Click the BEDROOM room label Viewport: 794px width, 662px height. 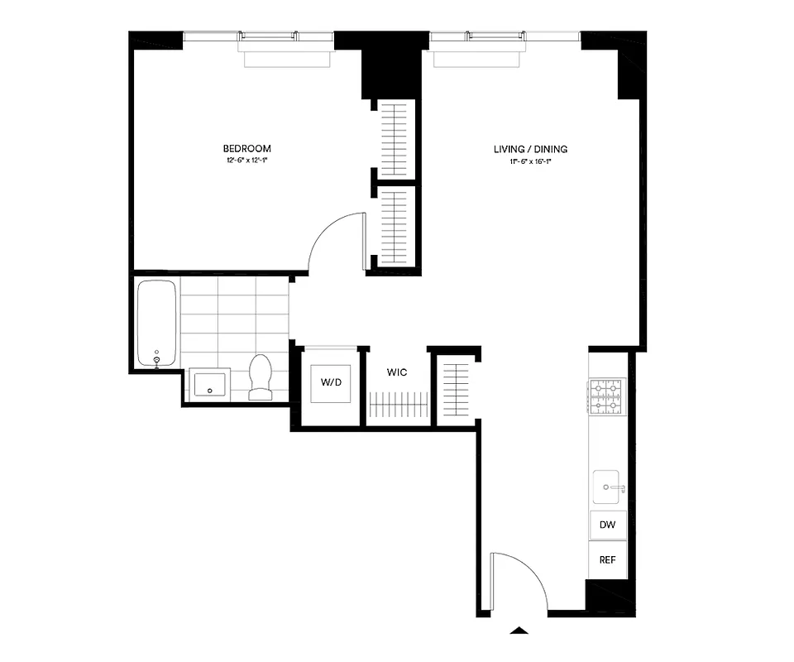pyautogui.click(x=246, y=149)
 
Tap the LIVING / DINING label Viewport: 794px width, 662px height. pyautogui.click(x=530, y=149)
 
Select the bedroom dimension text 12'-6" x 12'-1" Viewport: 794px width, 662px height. pyautogui.click(x=246, y=161)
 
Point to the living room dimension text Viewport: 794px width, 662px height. pyautogui.click(x=530, y=161)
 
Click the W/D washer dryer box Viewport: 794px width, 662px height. pyautogui.click(x=330, y=383)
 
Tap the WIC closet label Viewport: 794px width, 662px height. pyautogui.click(x=397, y=373)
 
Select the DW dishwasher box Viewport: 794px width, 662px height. pyautogui.click(x=607, y=525)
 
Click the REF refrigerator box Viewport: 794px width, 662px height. pyautogui.click(x=607, y=559)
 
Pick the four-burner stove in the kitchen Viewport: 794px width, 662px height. pyautogui.click(x=607, y=396)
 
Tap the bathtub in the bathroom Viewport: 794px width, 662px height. pyautogui.click(x=156, y=324)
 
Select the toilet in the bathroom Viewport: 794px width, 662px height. pyautogui.click(x=261, y=377)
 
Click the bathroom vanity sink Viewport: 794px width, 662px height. pyautogui.click(x=209, y=384)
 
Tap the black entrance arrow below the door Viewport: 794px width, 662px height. pyautogui.click(x=519, y=631)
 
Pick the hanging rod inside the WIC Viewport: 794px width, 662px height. pyautogui.click(x=399, y=406)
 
